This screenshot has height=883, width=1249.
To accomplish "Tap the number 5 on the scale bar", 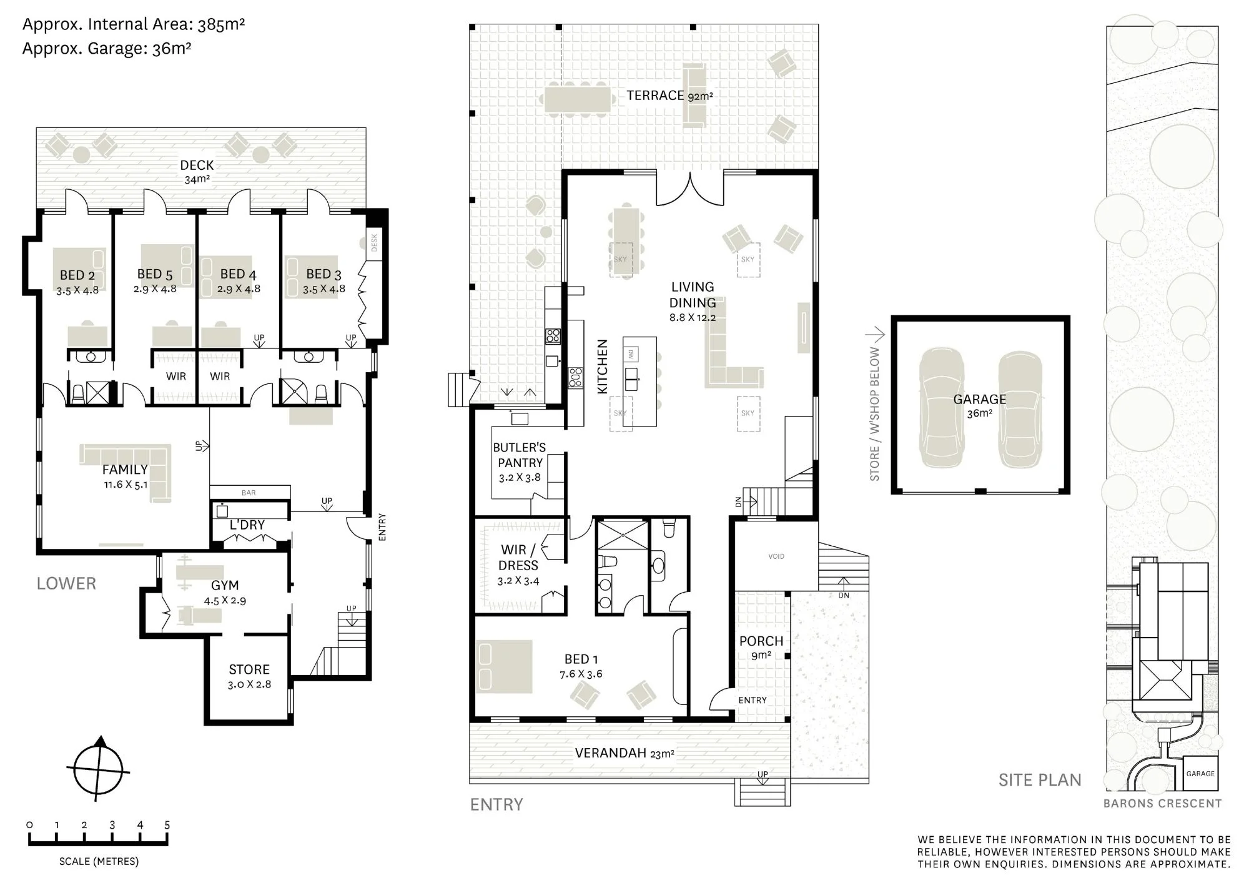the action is [167, 824].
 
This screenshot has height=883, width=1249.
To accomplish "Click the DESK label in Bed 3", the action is [375, 242].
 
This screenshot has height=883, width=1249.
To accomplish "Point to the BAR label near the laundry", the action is [249, 493].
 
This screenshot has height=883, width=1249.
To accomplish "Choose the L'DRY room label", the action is [247, 525].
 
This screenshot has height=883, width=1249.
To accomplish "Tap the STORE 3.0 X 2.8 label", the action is [249, 676].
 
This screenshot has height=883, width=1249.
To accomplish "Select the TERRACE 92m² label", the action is [669, 96].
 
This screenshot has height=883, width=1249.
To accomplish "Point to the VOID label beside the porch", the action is [776, 556].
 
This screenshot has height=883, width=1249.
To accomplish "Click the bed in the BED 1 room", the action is [504, 666].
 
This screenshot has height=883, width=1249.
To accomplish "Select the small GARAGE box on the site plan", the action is [1200, 774].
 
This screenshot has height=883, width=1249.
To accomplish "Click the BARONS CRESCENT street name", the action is [1162, 804].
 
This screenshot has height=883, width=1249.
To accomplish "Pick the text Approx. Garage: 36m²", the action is [107, 49].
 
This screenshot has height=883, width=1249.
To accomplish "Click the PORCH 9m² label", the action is [761, 648].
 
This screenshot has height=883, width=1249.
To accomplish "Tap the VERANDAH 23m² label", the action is [624, 753].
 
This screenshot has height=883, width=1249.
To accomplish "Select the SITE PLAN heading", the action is [1040, 780].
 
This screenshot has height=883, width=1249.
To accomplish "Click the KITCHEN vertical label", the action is [603, 367].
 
